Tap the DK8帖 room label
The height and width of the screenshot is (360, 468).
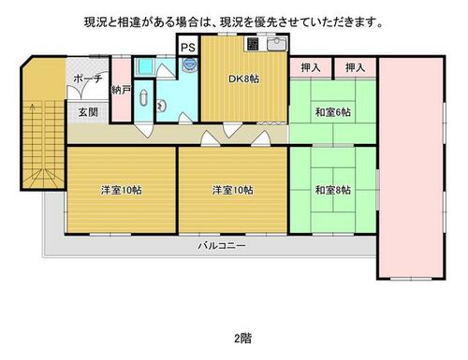pyautogui.click(x=243, y=79)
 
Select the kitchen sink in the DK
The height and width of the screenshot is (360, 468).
pyautogui.click(x=277, y=44)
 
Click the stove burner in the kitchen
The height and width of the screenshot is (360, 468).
pyautogui.click(x=253, y=44)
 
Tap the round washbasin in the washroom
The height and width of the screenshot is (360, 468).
pyautogui.click(x=162, y=106)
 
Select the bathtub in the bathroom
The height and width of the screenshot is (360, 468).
pyautogui.click(x=145, y=66)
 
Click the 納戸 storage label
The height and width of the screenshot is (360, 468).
pyautogui.click(x=121, y=91)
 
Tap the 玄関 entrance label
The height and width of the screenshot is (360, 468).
pyautogui.click(x=88, y=112)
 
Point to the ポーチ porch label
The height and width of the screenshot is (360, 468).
pyautogui.click(x=88, y=79)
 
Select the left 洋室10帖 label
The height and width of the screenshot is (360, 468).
pyautogui.click(x=122, y=190)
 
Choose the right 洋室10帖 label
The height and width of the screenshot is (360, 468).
pyautogui.click(x=233, y=190)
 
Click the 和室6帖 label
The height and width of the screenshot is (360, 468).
pyautogui.click(x=333, y=112)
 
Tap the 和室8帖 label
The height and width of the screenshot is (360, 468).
pyautogui.click(x=333, y=190)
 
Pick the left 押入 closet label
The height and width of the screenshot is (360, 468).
pyautogui.click(x=311, y=67)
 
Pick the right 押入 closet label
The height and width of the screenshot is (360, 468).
pyautogui.click(x=355, y=67)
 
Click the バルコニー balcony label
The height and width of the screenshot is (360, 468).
pyautogui.click(x=222, y=246)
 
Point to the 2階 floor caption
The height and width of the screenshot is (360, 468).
pyautogui.click(x=243, y=338)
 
